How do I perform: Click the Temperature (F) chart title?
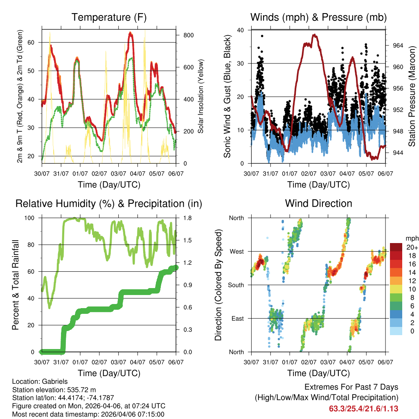[109, 17]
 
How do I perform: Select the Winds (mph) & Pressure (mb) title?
[318, 17]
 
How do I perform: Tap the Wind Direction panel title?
[318, 203]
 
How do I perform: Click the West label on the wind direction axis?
[237, 251]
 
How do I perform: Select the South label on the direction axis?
[236, 285]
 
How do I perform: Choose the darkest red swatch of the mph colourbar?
[396, 247]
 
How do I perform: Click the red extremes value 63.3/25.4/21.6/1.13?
[364, 408]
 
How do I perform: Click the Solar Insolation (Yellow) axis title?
[200, 97]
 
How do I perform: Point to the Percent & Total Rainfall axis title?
[16, 285]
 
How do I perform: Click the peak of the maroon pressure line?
[314, 35]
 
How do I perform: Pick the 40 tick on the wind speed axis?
[241, 30]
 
